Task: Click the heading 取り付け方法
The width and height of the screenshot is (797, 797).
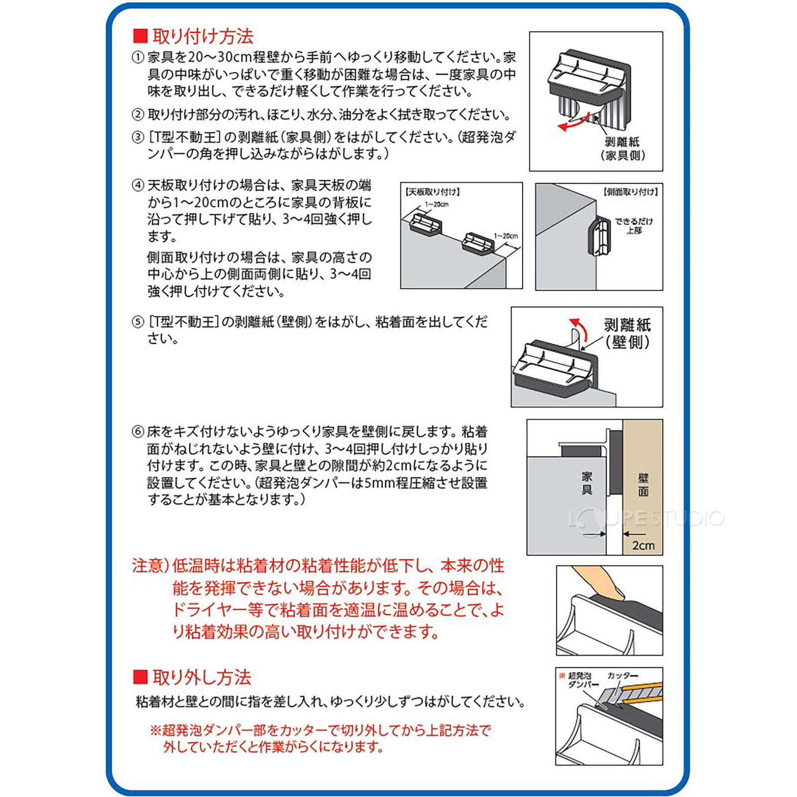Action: [202, 36]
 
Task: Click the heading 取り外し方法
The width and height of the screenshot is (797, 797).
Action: [201, 677]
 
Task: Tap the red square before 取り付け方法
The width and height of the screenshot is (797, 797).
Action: [140, 36]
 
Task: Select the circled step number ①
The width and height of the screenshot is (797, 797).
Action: [137, 57]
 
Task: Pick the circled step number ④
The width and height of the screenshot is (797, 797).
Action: [137, 185]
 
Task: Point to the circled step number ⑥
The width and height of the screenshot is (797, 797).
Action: [137, 432]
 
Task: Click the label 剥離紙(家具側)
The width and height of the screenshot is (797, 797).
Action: [622, 148]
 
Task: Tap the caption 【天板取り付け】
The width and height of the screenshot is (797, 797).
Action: [432, 192]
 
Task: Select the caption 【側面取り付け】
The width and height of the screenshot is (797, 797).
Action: [630, 192]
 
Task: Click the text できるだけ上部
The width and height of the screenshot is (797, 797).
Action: [633, 226]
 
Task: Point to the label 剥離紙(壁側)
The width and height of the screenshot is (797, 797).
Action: [627, 334]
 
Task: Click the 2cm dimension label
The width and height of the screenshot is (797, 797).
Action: [643, 545]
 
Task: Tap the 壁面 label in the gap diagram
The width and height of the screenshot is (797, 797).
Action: [643, 485]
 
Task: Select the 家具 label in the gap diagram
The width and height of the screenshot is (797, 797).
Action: [587, 483]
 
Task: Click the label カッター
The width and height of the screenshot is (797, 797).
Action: [622, 675]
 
